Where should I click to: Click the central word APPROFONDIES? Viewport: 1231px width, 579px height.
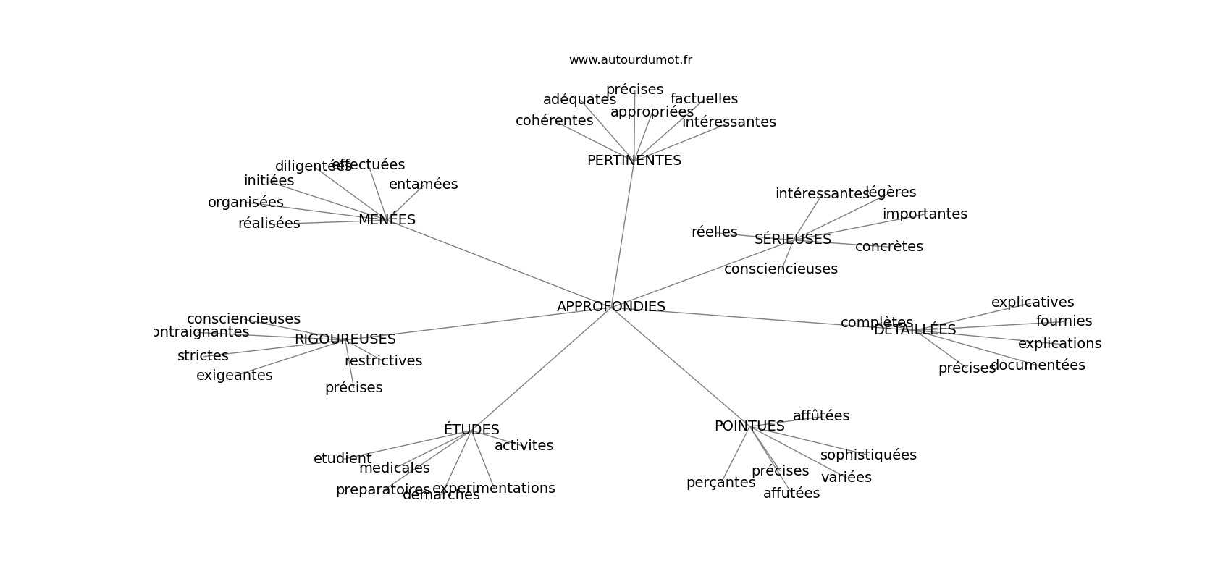[610, 307]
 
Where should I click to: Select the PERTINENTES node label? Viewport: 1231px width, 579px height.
[634, 161]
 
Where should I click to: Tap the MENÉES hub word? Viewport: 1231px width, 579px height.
[387, 220]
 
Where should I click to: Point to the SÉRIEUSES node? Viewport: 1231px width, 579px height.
[792, 240]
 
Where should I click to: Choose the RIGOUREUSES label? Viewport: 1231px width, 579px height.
[345, 339]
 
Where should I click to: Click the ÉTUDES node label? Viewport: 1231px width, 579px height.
[471, 430]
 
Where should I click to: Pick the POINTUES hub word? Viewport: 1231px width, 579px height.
[749, 426]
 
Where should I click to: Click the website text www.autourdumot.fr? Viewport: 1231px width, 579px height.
[630, 60]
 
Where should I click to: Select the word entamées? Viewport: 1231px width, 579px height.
[423, 185]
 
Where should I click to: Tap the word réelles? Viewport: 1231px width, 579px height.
[714, 232]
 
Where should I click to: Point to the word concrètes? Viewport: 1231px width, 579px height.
[888, 247]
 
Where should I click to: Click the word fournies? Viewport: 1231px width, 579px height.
[1064, 321]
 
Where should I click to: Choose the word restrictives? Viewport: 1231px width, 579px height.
[383, 361]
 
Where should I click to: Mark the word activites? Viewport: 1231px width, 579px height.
[524, 446]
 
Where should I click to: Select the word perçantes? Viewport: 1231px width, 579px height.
[720, 483]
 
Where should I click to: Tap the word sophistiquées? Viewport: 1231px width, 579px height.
[867, 455]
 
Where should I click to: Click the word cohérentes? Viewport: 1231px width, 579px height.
[554, 121]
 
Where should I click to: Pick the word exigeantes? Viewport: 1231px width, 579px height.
[234, 376]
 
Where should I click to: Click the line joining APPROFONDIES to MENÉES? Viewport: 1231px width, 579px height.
[500, 263]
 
